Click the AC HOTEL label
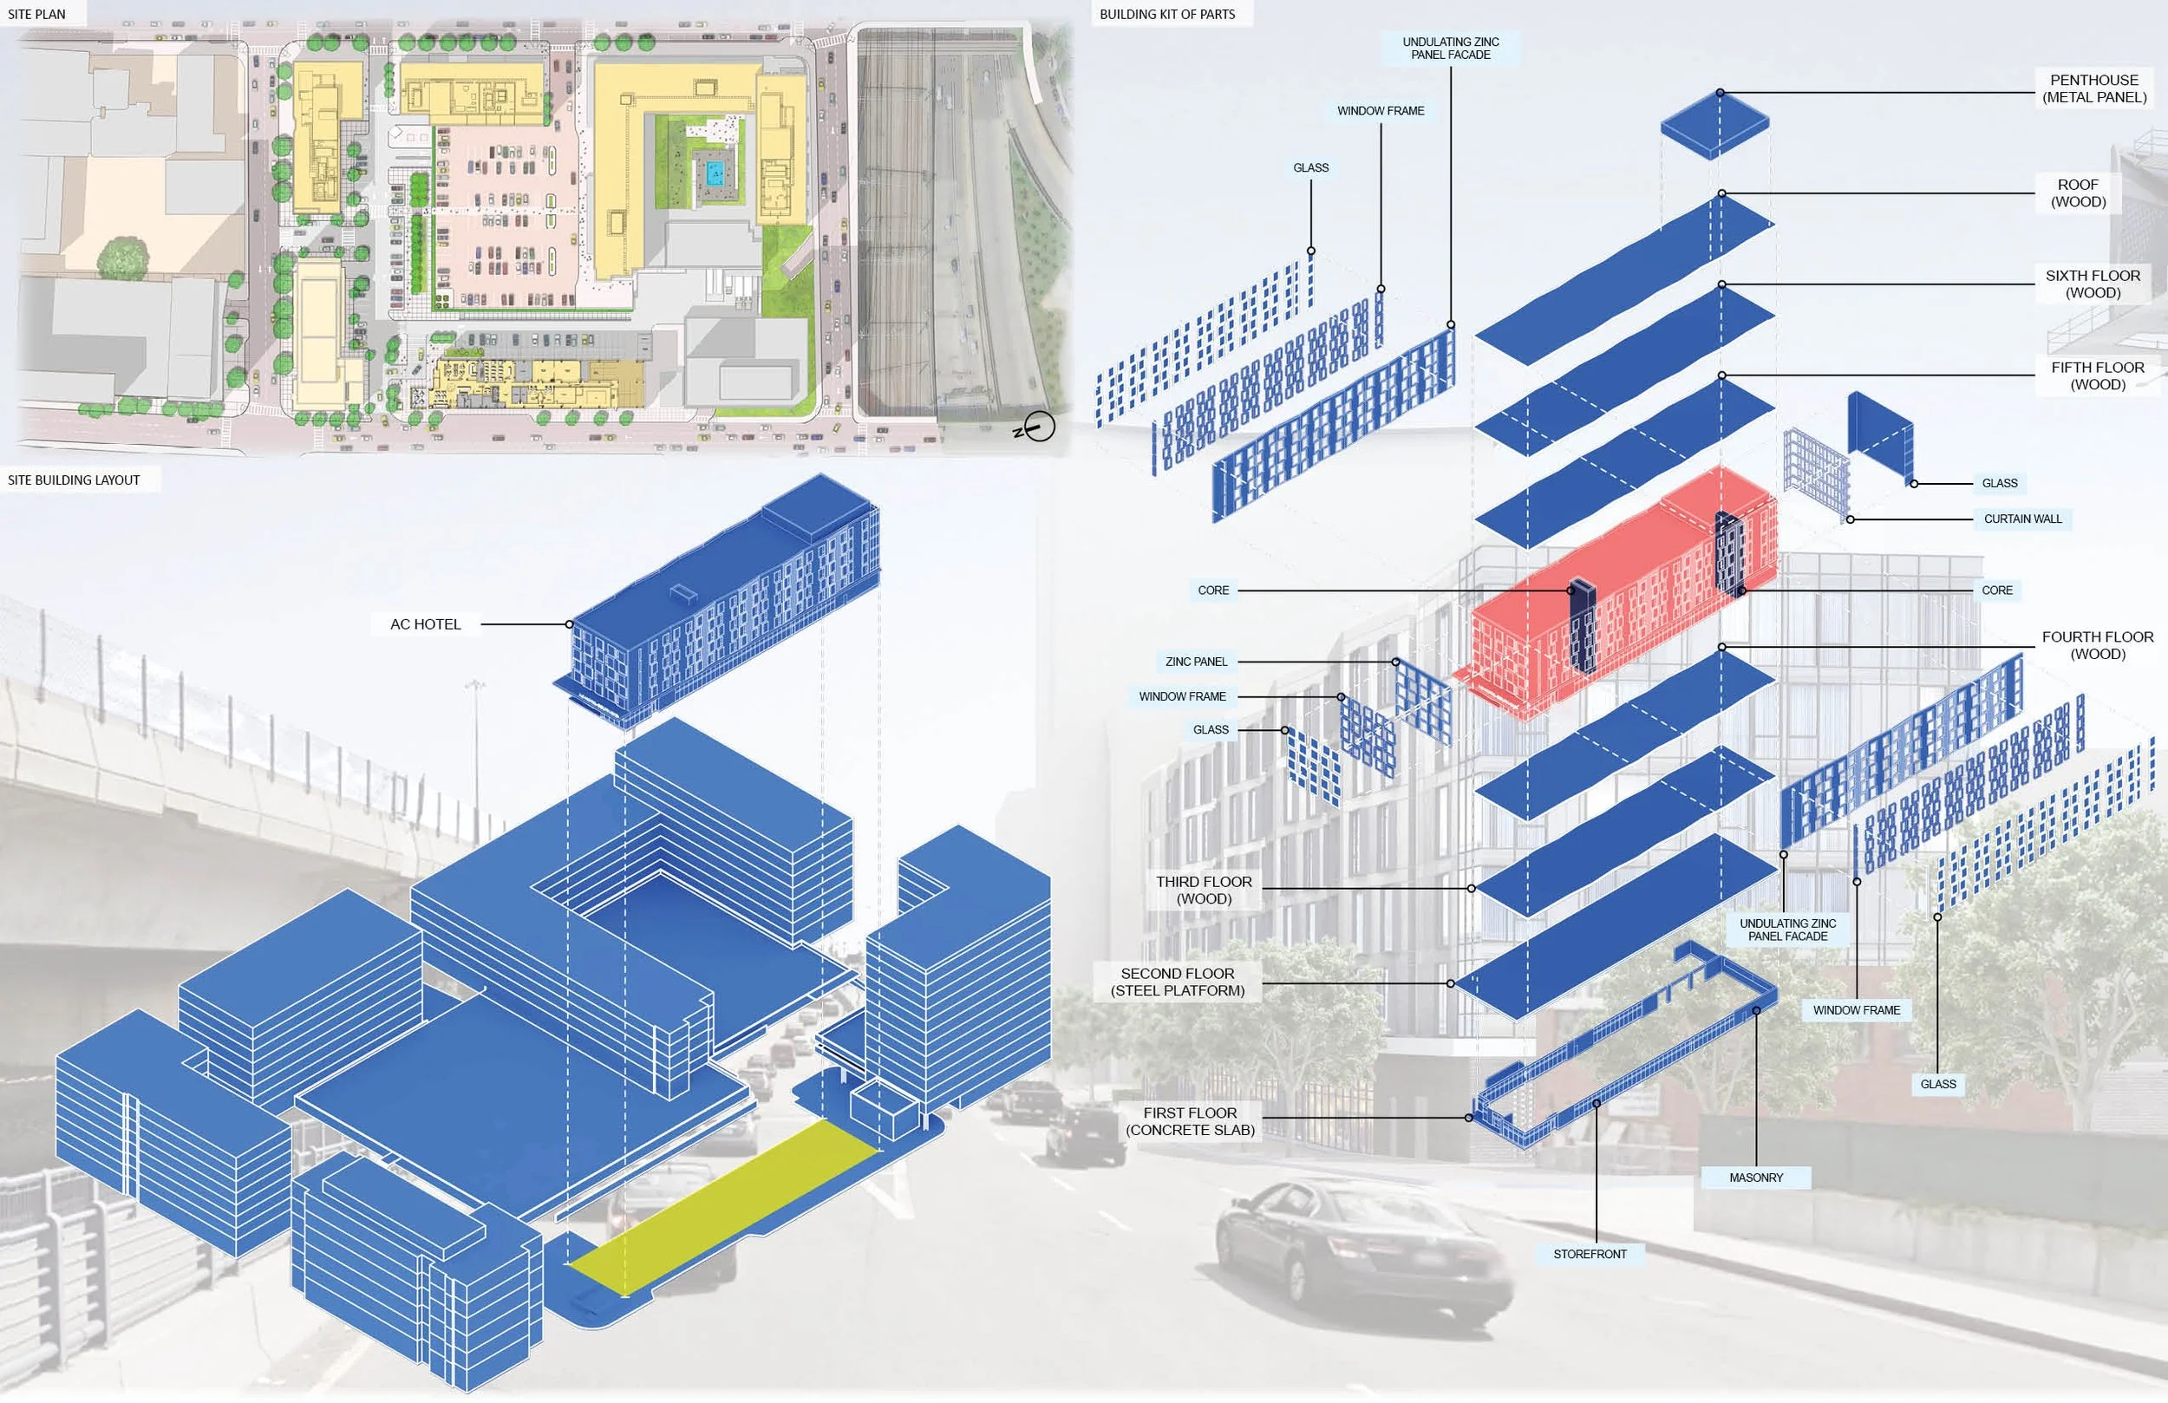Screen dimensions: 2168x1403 point(426,624)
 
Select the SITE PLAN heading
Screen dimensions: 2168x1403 point(37,14)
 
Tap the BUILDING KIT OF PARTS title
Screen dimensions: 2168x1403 point(1167,14)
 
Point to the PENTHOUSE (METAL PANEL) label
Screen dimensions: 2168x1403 point(2093,88)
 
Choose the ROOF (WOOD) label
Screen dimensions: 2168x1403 point(2078,193)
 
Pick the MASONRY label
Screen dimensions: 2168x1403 point(1755,1177)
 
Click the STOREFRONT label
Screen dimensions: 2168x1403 point(1590,1254)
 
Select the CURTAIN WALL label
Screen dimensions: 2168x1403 point(2022,519)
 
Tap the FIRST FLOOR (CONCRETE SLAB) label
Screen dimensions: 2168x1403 point(1190,1120)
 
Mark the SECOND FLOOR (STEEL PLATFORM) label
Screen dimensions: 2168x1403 point(1177,982)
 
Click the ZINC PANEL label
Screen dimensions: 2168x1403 point(1196,662)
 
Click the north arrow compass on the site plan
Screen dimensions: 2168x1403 point(1036,427)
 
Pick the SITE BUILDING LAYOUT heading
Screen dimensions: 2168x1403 point(74,480)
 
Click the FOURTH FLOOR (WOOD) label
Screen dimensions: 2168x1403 point(2097,645)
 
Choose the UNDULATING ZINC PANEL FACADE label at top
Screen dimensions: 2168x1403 point(1450,49)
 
